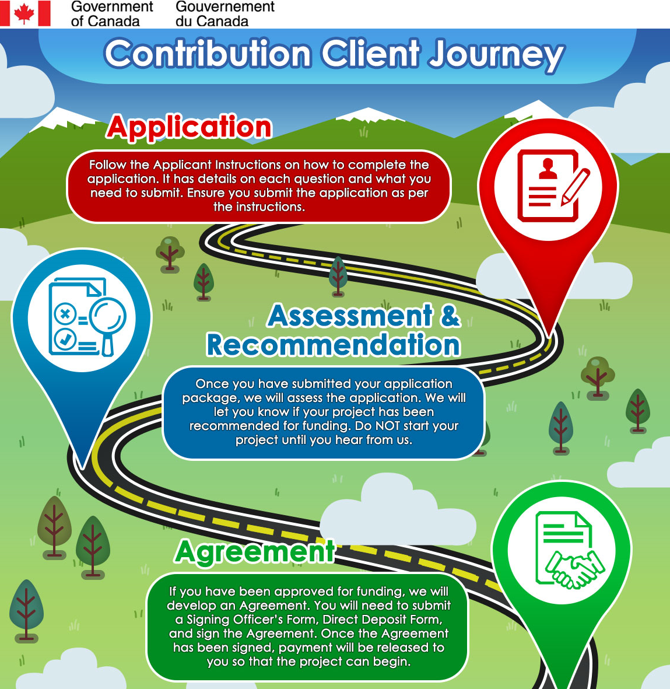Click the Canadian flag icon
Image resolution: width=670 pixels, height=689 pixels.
[25, 13]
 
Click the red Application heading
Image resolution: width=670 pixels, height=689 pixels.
[190, 127]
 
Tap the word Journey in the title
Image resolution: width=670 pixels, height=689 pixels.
[496, 54]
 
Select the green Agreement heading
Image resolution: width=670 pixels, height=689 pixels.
[255, 551]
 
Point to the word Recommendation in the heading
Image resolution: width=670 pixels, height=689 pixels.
[333, 345]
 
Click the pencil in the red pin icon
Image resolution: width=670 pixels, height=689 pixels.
[574, 187]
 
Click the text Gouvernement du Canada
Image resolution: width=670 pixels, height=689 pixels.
[224, 14]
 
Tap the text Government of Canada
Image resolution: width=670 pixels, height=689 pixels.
[111, 14]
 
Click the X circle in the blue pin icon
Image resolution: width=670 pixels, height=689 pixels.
[65, 314]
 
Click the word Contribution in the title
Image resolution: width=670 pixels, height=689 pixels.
[208, 54]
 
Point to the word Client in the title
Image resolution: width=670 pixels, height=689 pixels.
[371, 54]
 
